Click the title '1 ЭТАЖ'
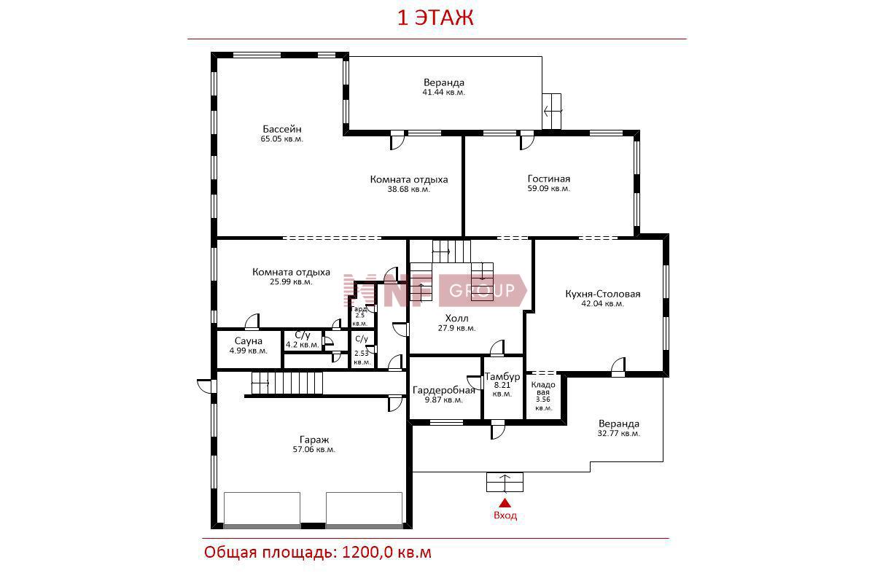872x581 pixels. coord(435,17)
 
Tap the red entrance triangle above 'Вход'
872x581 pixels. coord(505,503)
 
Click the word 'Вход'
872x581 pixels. coord(505,515)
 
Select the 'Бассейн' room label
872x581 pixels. coord(282,129)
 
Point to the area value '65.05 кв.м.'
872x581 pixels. coord(282,139)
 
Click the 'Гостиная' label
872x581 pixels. coord(549,179)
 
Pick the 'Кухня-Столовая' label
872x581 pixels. coord(603,294)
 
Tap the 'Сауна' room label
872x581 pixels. coord(249,341)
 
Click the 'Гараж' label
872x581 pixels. coord(314,440)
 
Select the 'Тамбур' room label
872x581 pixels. coord(502,376)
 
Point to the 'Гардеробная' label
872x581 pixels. coord(444,390)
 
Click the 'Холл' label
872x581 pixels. coord(456,318)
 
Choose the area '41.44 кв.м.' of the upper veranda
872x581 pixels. coord(444,93)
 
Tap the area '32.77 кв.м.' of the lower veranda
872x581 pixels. coord(619,433)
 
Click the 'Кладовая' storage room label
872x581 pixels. coord(543,388)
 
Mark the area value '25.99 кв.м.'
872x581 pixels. coord(292,282)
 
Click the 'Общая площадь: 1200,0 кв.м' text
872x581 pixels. coord(318,552)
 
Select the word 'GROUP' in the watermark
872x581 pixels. coord(482,289)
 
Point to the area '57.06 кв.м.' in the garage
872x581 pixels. coord(314,450)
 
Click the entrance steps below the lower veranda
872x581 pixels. coord(505,482)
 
